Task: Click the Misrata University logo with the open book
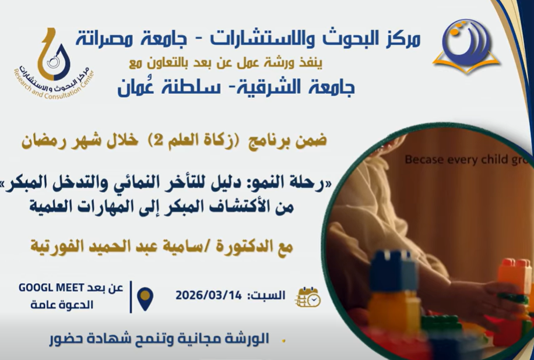[x=466, y=46]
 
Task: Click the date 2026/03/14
[x=209, y=295]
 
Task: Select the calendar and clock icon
[x=308, y=297]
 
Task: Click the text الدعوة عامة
[x=62, y=305]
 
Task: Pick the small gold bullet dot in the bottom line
[x=283, y=340]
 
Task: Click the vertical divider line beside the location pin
[x=131, y=297]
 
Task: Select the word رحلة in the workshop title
[x=307, y=185]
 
